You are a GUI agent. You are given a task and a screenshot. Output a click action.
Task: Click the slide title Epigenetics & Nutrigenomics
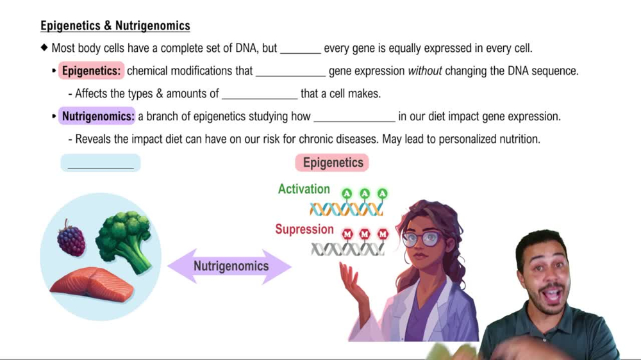pos(115,26)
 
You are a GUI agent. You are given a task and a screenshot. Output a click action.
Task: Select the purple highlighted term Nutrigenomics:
pos(98,117)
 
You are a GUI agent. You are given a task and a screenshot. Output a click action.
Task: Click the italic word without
pos(425,71)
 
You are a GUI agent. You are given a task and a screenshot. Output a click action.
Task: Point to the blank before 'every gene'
pos(300,49)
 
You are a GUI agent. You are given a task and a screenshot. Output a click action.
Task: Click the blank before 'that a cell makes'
pos(260,95)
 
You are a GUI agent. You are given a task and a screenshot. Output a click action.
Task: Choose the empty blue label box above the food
pos(101,163)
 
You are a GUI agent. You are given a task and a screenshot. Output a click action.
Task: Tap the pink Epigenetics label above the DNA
pos(333,163)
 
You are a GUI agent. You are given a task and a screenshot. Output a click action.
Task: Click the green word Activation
pos(304,189)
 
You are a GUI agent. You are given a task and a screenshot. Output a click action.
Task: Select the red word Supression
pos(304,229)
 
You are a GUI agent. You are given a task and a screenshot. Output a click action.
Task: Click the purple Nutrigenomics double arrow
pos(230,266)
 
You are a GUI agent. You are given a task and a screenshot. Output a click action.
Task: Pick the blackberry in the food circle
pos(71,238)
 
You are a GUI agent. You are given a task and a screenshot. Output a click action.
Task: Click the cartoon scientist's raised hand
pos(353,282)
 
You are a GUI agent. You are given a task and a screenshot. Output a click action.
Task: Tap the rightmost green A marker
pos(383,193)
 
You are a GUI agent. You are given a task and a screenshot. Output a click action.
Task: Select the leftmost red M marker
pos(347,234)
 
